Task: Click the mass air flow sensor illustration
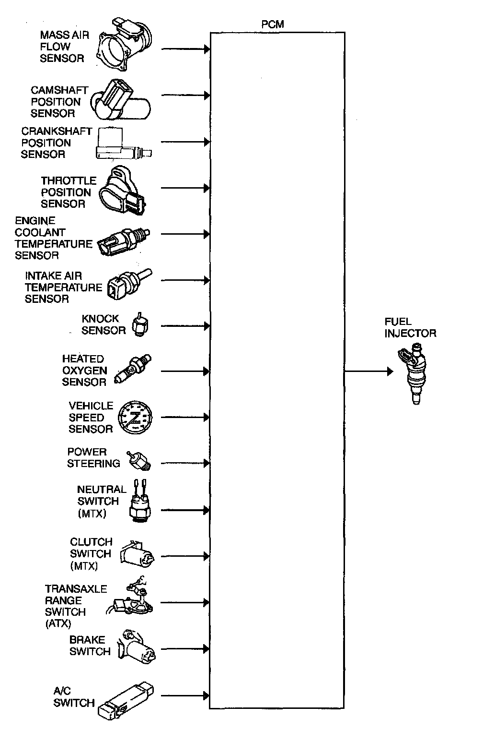click(125, 46)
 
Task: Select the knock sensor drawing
click(141, 325)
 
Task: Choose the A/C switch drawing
click(125, 700)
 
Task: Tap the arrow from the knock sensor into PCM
click(185, 326)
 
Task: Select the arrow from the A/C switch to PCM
click(185, 695)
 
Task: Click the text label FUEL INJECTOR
click(410, 327)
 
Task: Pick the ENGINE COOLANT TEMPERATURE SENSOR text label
click(53, 238)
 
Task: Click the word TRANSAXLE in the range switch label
click(76, 589)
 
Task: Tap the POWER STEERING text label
click(93, 458)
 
